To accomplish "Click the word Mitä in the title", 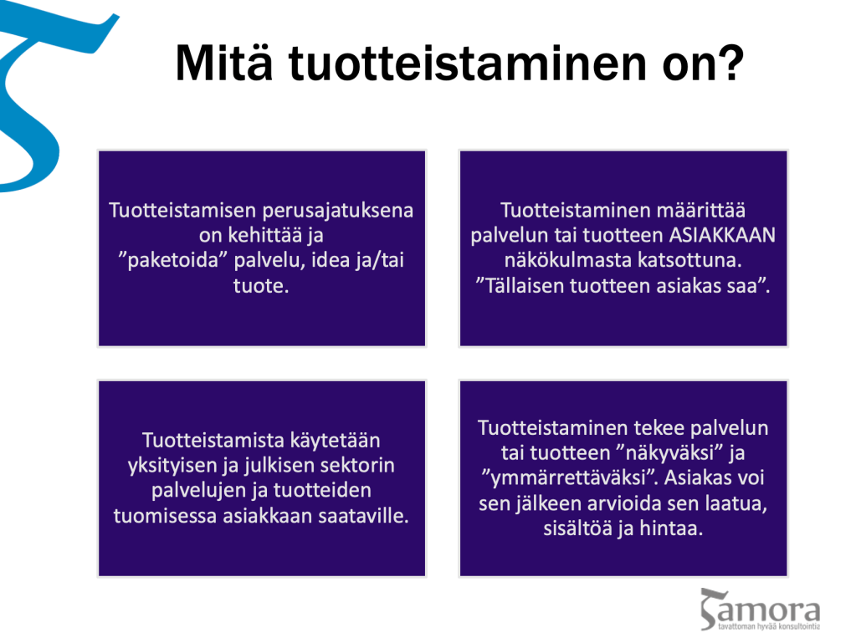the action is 223,63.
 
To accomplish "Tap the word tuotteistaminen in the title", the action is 467,63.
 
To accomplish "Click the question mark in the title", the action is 730,63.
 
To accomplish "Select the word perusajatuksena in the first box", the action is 338,211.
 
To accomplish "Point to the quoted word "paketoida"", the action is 172,260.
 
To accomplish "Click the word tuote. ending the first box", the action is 261,286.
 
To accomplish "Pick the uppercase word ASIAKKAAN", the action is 722,235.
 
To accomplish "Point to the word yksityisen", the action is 172,465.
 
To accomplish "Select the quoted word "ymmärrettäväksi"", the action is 570,477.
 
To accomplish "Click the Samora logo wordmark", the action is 760,610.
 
